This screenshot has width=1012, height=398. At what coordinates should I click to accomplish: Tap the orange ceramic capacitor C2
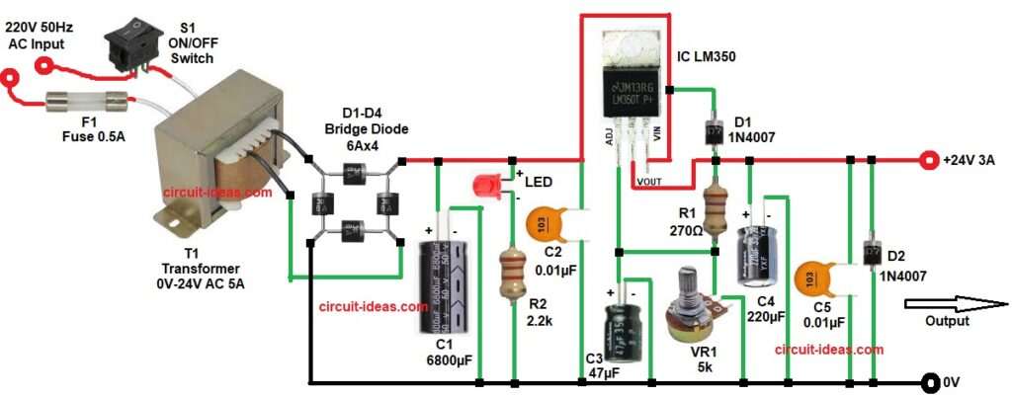[x=548, y=223]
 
